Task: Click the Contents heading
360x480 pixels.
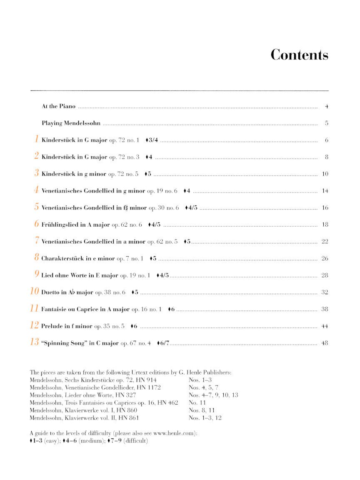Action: [299, 55]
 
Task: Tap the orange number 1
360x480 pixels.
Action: [37, 140]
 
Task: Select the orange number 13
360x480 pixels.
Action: [34, 342]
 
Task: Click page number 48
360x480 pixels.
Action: [325, 343]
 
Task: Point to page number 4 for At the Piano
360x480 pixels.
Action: [327, 106]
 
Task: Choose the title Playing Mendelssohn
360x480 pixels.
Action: [71, 123]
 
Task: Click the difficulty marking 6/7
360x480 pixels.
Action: [163, 343]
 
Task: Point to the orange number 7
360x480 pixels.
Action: [37, 241]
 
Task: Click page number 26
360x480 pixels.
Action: [325, 259]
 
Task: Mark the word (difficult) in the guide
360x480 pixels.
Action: [135, 441]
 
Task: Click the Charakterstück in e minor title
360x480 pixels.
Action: [78, 259]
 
